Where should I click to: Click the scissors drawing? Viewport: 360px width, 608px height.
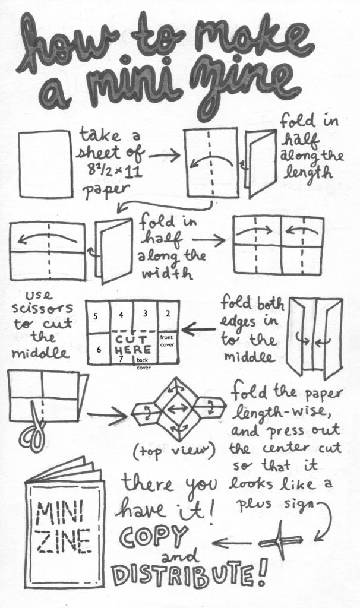tap(33, 426)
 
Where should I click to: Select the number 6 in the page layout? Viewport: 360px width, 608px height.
tap(99, 349)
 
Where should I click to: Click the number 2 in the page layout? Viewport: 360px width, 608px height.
tap(168, 313)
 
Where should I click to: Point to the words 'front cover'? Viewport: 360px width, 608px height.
tap(167, 341)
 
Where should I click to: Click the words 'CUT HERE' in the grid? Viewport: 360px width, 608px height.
tap(132, 345)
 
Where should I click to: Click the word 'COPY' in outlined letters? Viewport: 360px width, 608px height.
tap(154, 537)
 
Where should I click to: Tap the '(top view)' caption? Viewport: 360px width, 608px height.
tap(175, 451)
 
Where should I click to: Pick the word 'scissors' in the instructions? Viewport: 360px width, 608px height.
tap(42, 308)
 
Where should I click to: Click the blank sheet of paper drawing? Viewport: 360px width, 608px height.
tap(45, 164)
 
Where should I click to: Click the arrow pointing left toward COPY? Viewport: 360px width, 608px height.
tap(232, 543)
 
